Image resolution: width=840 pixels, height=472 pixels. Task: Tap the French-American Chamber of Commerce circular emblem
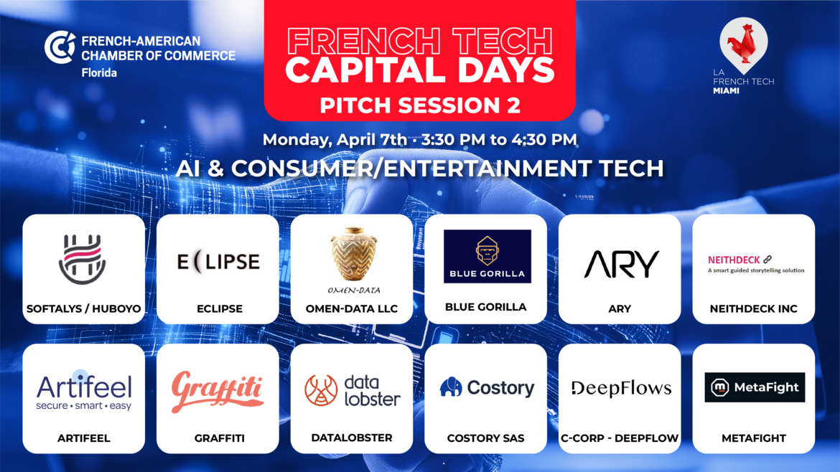pyautogui.click(x=60, y=47)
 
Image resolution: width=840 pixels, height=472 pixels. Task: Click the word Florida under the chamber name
pyautogui.click(x=99, y=72)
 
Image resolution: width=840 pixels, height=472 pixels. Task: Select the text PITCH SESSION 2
pyautogui.click(x=420, y=105)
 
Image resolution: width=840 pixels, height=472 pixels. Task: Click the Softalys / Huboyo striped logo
pyautogui.click(x=83, y=258)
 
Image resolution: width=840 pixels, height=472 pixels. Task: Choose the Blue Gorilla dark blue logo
pyautogui.click(x=487, y=256)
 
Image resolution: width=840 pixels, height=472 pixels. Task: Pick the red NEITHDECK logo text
pyautogui.click(x=734, y=260)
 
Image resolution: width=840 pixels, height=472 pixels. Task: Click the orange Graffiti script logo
pyautogui.click(x=217, y=392)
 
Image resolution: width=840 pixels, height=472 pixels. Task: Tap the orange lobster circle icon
pyautogui.click(x=321, y=390)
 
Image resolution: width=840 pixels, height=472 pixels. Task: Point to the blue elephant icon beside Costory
pyautogui.click(x=451, y=387)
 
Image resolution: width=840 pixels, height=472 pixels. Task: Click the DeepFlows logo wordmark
pyautogui.click(x=621, y=388)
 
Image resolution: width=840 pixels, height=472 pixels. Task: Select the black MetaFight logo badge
pyautogui.click(x=755, y=387)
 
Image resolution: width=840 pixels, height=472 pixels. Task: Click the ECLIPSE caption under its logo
pyautogui.click(x=220, y=308)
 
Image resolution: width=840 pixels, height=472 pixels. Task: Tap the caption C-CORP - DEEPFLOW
pyautogui.click(x=620, y=438)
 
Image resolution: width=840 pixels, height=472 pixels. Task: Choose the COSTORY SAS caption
pyautogui.click(x=486, y=438)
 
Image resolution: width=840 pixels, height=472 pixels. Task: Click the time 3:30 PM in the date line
pyautogui.click(x=453, y=140)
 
